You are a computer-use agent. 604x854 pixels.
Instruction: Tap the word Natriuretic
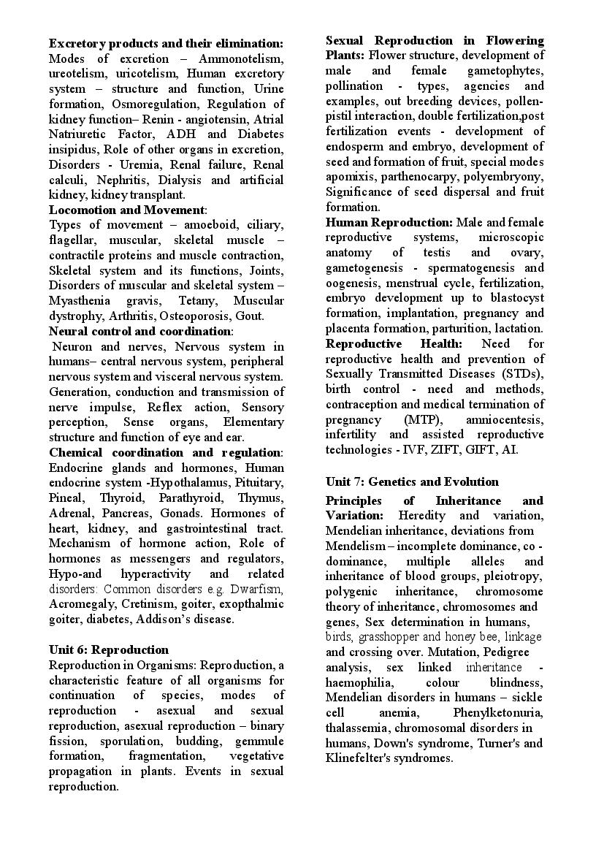(x=79, y=134)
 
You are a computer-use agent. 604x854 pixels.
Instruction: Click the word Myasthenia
(x=79, y=301)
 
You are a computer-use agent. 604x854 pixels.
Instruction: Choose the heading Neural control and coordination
(x=139, y=331)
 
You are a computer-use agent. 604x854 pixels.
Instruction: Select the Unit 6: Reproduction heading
(x=108, y=649)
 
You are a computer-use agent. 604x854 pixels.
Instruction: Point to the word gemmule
(x=260, y=741)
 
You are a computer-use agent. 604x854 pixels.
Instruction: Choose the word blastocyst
(x=516, y=298)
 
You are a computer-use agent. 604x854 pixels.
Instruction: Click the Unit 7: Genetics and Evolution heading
(x=412, y=481)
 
